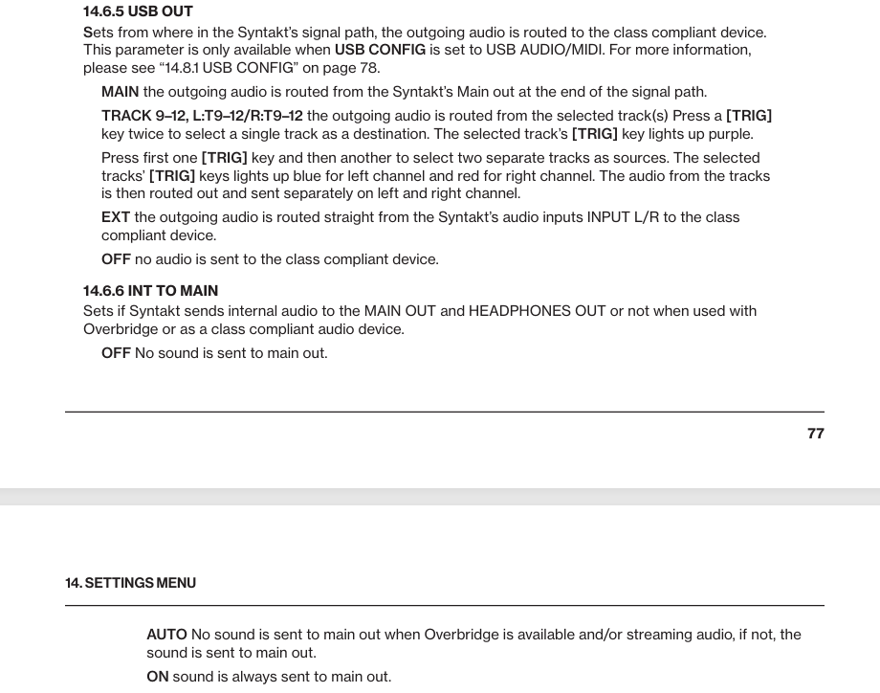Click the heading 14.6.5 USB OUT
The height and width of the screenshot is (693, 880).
click(x=138, y=11)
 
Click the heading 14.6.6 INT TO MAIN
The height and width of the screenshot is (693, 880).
click(x=150, y=290)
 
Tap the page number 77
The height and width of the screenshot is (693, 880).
click(x=815, y=434)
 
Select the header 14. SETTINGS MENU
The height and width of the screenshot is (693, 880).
click(x=130, y=583)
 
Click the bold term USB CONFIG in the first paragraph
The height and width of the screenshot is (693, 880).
click(x=380, y=50)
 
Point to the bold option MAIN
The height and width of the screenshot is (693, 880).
click(x=120, y=92)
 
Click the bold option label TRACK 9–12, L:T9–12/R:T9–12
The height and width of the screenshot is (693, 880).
click(x=202, y=116)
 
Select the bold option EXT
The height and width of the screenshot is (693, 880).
click(x=116, y=217)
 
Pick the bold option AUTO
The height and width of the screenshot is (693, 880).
click(x=166, y=635)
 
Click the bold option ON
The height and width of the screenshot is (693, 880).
click(x=157, y=677)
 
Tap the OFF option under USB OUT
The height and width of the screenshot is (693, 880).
click(x=116, y=259)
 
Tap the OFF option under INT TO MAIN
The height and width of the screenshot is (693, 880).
click(x=116, y=353)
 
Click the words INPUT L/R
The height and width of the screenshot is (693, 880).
click(x=622, y=217)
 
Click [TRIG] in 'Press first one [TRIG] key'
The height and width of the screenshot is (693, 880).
click(x=224, y=158)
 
